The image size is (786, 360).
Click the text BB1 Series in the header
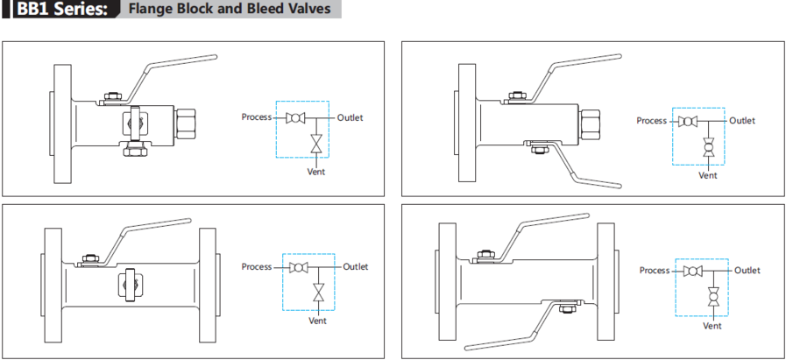tap(62, 10)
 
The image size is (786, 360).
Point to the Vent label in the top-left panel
tap(315, 172)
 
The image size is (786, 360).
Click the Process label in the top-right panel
tap(651, 121)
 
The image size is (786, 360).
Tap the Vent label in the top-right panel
tap(708, 175)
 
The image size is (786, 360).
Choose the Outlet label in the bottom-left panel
tap(355, 266)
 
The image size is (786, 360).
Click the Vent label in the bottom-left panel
tap(318, 320)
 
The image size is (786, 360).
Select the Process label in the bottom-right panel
tap(655, 271)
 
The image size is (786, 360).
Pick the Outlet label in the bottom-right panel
tap(747, 271)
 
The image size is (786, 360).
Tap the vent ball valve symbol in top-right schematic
tap(708, 149)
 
